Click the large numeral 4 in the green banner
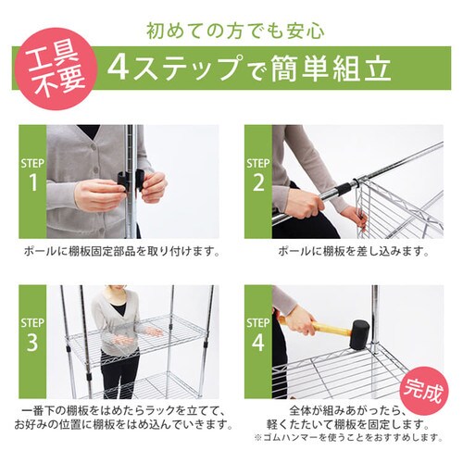[118, 68]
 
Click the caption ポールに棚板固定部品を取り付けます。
[120, 251]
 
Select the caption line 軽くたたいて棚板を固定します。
[347, 423]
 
